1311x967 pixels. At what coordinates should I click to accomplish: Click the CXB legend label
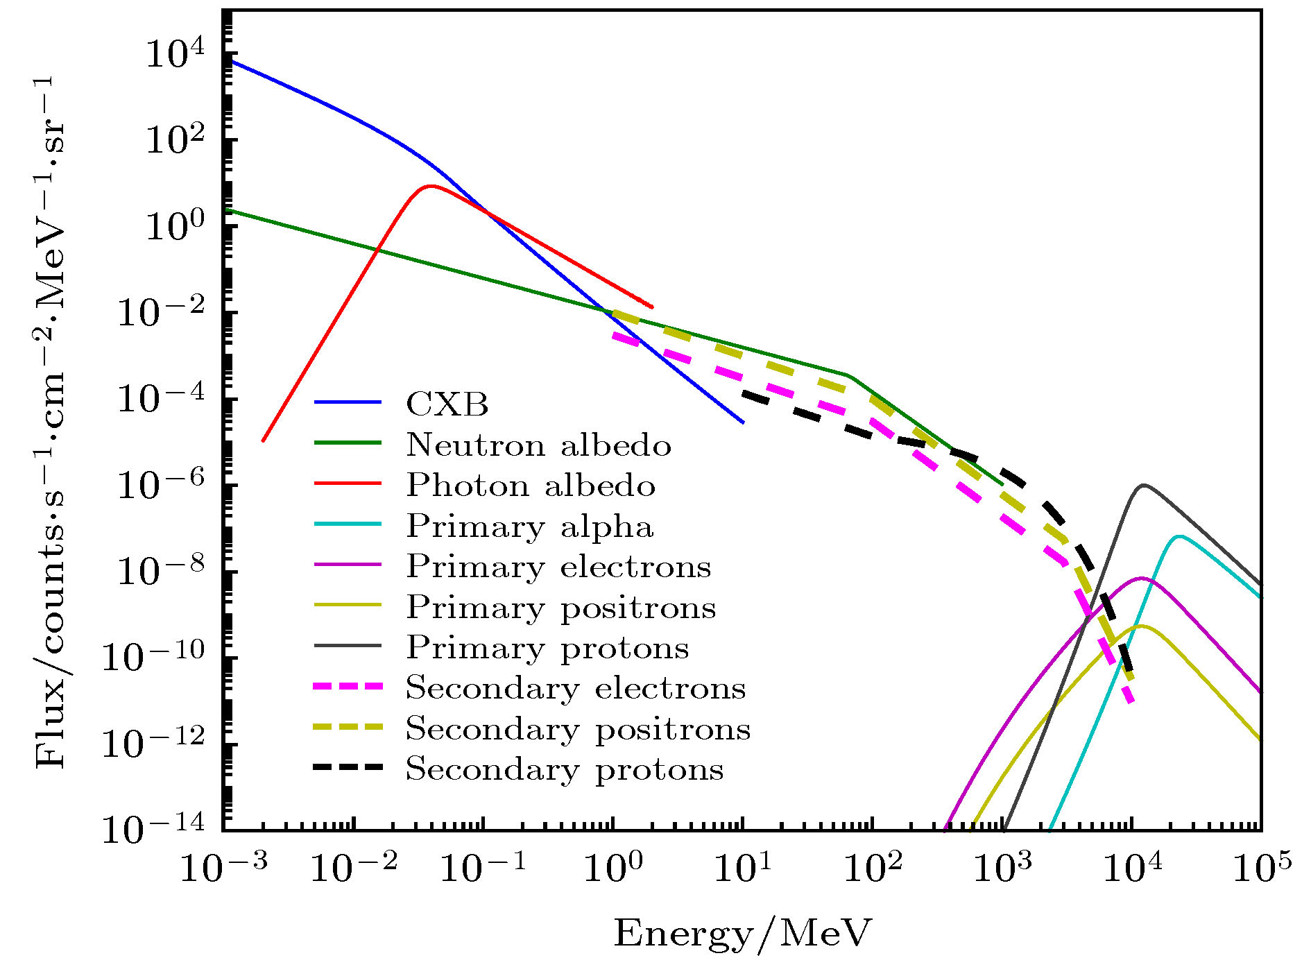click(447, 404)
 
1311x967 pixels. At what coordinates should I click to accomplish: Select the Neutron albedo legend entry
click(538, 445)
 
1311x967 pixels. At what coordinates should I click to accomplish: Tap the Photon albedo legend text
click(531, 485)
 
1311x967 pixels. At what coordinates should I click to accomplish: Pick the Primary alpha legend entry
click(530, 526)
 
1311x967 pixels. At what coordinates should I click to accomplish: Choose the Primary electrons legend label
click(558, 566)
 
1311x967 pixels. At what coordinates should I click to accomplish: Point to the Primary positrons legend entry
click(560, 607)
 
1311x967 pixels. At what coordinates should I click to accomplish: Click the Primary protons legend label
click(547, 647)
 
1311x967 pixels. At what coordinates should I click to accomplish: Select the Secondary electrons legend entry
click(576, 687)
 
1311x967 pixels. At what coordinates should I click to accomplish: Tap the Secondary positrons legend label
click(578, 728)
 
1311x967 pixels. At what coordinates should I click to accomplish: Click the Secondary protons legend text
click(565, 769)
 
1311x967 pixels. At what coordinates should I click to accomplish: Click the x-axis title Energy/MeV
click(742, 933)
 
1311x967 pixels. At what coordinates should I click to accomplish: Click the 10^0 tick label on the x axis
click(612, 867)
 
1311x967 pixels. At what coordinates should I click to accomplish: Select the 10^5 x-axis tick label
click(1262, 867)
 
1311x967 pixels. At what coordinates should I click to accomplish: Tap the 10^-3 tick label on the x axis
click(223, 867)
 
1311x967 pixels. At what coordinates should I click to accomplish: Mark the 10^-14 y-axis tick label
click(154, 828)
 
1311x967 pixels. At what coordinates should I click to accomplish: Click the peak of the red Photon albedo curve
click(431, 186)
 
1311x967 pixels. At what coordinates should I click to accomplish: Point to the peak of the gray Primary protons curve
click(1142, 485)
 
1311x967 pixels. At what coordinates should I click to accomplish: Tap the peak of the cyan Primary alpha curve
click(1179, 536)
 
